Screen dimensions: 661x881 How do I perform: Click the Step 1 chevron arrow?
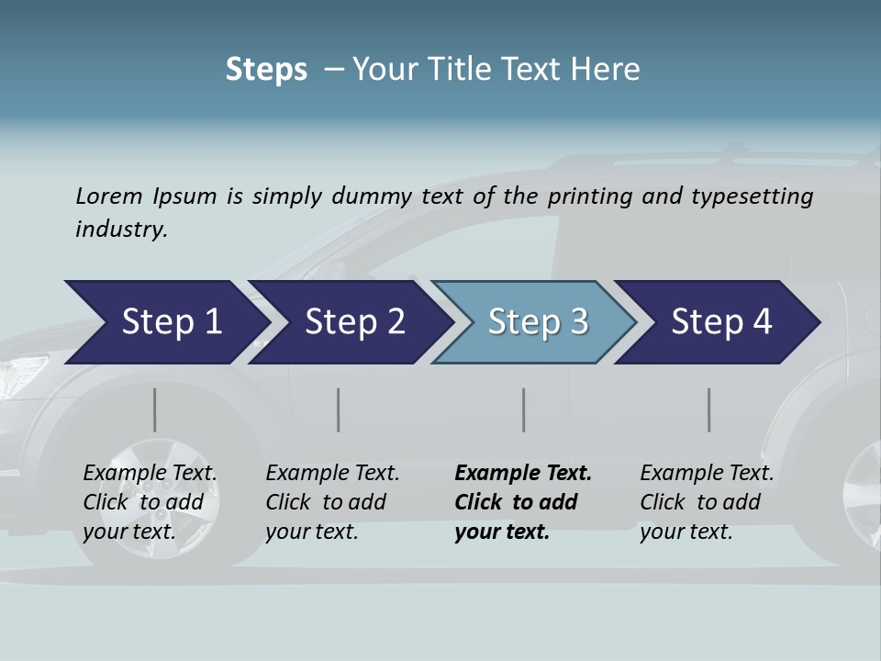[x=171, y=322]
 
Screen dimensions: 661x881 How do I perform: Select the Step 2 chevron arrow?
[x=354, y=322]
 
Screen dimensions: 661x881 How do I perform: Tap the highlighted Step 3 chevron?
[x=538, y=322]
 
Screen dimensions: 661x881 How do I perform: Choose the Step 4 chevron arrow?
[x=721, y=322]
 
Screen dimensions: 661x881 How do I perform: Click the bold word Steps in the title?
[x=266, y=70]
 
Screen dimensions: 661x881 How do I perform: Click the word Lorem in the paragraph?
[x=108, y=196]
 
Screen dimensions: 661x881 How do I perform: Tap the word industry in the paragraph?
[x=120, y=230]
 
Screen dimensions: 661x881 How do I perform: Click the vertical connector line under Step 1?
[x=155, y=409]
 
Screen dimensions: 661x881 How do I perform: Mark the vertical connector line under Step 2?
[x=339, y=409]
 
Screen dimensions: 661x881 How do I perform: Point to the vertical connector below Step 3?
[x=523, y=409]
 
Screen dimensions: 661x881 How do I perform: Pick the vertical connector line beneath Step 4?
[x=708, y=409]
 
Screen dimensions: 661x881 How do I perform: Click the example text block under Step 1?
[x=150, y=502]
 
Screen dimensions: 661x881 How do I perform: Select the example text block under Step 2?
[x=332, y=502]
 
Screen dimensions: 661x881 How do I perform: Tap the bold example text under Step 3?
[x=523, y=502]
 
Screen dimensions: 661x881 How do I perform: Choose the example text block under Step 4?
[x=707, y=502]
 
